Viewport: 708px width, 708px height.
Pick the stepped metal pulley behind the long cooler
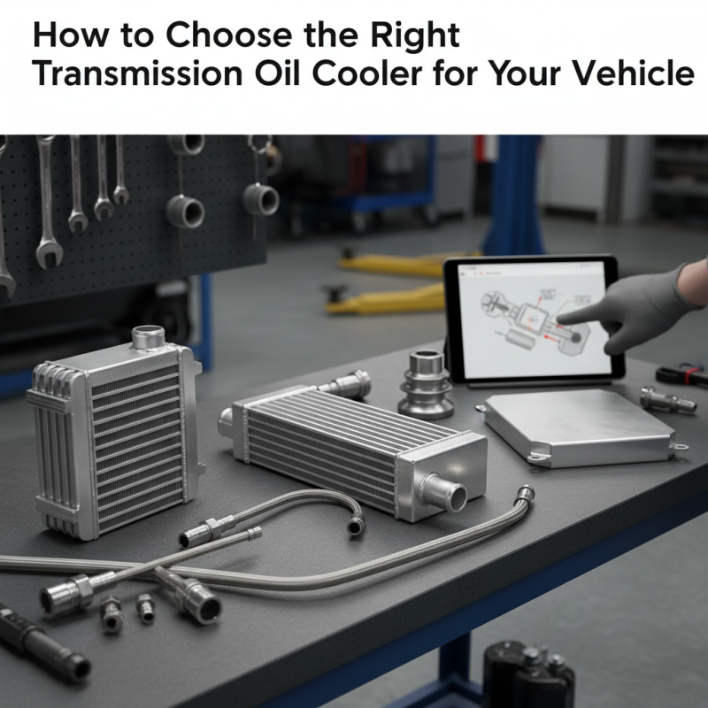[x=426, y=385]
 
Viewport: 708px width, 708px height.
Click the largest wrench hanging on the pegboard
[x=46, y=204]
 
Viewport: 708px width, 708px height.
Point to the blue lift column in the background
[x=513, y=195]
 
